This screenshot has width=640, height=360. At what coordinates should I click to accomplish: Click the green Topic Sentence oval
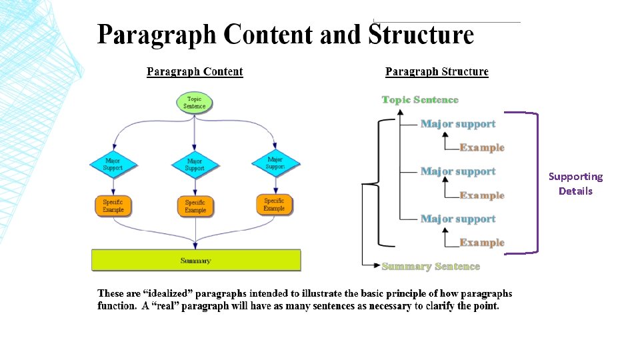click(195, 103)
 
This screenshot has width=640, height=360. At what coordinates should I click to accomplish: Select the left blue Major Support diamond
click(113, 164)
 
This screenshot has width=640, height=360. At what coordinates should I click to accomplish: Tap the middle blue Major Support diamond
click(195, 164)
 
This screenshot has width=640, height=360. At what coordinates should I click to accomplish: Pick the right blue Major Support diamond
click(275, 162)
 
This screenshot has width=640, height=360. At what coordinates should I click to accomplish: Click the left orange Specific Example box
click(113, 206)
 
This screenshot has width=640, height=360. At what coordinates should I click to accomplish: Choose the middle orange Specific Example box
click(195, 206)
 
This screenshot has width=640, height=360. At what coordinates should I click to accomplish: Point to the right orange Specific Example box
click(274, 204)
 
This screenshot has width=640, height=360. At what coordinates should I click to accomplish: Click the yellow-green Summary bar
click(196, 260)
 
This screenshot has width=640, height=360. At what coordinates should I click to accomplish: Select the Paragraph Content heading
click(195, 72)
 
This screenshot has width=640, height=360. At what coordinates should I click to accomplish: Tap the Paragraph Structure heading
click(437, 72)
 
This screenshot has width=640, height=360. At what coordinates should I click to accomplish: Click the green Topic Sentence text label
click(420, 100)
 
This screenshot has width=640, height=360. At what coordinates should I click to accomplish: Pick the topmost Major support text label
click(458, 124)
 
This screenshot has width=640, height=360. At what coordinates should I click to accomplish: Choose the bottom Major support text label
click(458, 219)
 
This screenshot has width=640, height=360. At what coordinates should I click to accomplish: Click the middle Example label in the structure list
click(482, 195)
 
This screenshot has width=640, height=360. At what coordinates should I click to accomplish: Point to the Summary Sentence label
click(431, 267)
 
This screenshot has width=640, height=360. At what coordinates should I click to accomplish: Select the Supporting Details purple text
click(575, 183)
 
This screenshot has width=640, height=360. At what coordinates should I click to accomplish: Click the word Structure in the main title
click(421, 35)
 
